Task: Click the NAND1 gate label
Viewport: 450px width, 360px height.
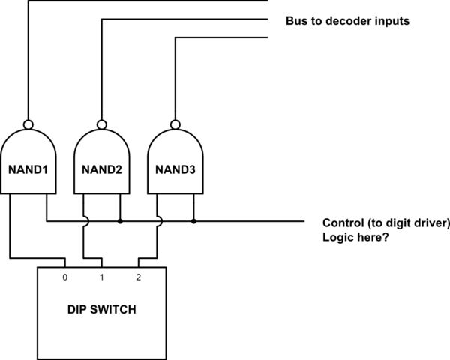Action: (28, 169)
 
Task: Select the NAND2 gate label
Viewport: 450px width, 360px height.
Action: (101, 169)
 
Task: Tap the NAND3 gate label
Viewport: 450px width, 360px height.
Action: (175, 169)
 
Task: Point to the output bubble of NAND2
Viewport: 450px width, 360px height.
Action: (101, 124)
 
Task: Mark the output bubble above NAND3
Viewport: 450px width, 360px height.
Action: (175, 124)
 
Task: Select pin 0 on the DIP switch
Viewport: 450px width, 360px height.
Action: (65, 277)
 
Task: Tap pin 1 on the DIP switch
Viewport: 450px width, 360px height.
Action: (101, 277)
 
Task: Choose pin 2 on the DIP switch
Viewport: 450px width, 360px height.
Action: (138, 277)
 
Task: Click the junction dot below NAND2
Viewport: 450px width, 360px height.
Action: (120, 222)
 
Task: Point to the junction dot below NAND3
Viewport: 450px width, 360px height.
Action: (193, 222)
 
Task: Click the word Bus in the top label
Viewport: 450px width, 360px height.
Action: (296, 21)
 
